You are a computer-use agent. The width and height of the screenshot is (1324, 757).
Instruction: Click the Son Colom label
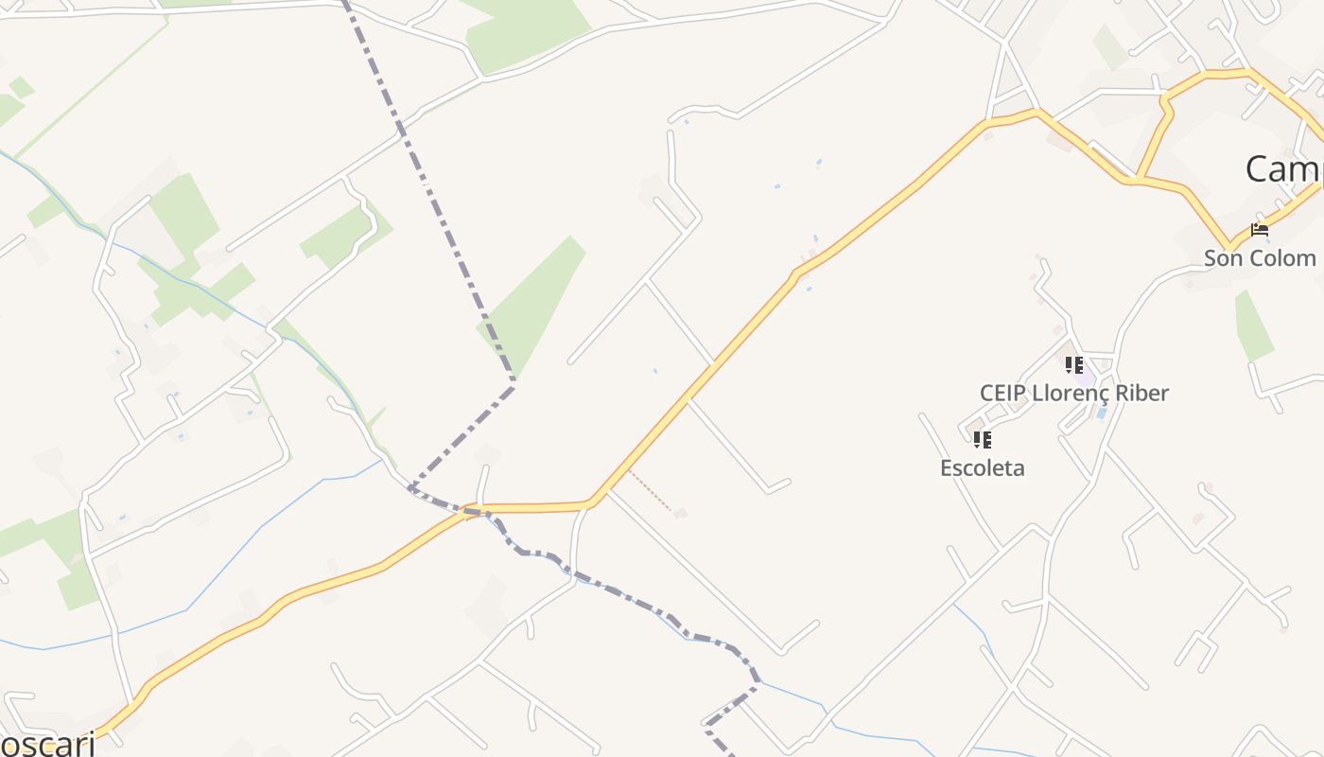pyautogui.click(x=1259, y=258)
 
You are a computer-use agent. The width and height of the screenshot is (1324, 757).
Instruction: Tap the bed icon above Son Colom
pyautogui.click(x=1259, y=230)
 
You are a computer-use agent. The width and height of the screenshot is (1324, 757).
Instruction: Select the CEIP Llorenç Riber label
pyautogui.click(x=1073, y=393)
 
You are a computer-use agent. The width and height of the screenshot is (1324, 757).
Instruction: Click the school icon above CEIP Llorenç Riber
pyautogui.click(x=1073, y=364)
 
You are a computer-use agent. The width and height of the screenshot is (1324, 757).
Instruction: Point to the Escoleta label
pyautogui.click(x=982, y=467)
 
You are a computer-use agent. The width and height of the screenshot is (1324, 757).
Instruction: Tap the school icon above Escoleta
pyautogui.click(x=982, y=439)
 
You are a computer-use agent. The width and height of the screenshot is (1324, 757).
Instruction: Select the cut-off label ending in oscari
pyautogui.click(x=47, y=744)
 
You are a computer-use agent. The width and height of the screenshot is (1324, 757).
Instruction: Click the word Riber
pyautogui.click(x=1139, y=393)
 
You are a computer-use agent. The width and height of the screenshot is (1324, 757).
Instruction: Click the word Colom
pyautogui.click(x=1286, y=258)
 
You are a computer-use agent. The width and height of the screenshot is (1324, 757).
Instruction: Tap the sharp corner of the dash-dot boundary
pyautogui.click(x=514, y=383)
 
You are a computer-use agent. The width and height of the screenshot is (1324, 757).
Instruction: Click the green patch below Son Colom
pyautogui.click(x=1253, y=326)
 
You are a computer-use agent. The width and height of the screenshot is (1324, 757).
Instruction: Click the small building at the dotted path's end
pyautogui.click(x=680, y=514)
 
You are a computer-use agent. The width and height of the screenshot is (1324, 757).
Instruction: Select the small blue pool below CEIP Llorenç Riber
pyautogui.click(x=1102, y=414)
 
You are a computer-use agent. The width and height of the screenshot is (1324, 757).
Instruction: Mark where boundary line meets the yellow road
pyautogui.click(x=470, y=511)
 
